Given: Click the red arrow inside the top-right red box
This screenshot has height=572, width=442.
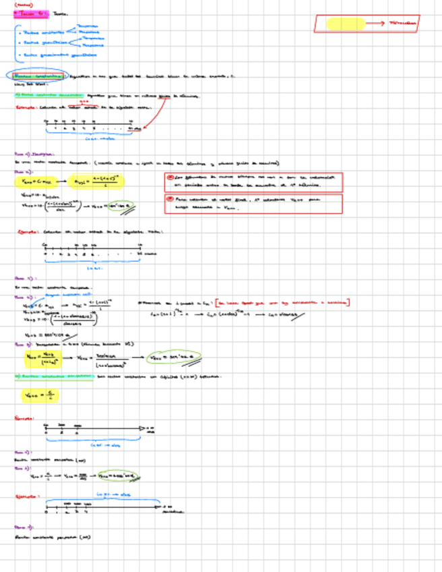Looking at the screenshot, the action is [x=373, y=24].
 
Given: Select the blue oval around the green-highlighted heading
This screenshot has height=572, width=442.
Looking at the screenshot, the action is [x=38, y=77].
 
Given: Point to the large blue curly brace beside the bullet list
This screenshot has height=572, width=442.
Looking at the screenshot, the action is [x=16, y=42].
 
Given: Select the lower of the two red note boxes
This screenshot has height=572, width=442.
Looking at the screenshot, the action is [x=253, y=204].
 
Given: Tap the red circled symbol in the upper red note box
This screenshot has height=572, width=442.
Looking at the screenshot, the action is [x=170, y=177].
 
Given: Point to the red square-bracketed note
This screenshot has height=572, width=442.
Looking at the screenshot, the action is [x=283, y=303].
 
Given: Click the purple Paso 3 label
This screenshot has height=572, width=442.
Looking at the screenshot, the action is [x=24, y=343].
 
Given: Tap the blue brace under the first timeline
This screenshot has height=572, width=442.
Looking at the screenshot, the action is [x=91, y=134].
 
